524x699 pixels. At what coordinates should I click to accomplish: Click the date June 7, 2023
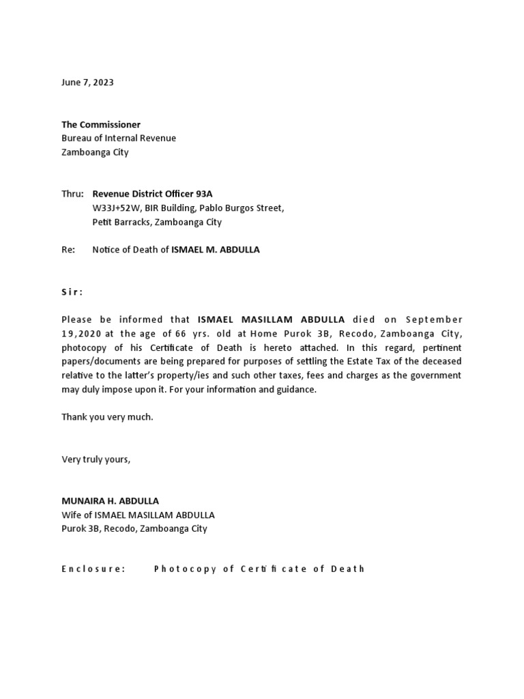tap(87, 83)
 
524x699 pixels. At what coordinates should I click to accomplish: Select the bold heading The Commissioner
tap(101, 124)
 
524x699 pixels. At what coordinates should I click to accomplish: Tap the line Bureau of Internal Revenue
tap(119, 138)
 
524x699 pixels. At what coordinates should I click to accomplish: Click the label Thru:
tap(72, 194)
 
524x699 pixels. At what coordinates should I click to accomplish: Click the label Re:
tap(68, 250)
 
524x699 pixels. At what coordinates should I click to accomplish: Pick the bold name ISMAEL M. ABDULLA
tap(215, 250)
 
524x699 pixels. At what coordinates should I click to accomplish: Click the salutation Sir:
tap(72, 291)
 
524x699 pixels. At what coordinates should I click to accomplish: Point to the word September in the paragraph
tap(434, 319)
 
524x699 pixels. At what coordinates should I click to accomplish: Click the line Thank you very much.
tap(107, 417)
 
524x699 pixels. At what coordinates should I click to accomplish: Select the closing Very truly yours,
tap(96, 459)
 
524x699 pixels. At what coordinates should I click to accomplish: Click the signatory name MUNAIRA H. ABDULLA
tap(111, 501)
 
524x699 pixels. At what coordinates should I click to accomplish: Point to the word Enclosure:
tap(93, 569)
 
